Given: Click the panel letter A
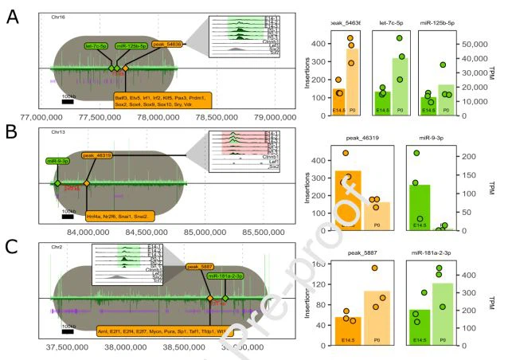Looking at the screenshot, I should pos(13,16).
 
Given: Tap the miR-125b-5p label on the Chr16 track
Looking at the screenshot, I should pos(129,46).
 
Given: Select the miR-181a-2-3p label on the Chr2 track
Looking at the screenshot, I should pos(230,276).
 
